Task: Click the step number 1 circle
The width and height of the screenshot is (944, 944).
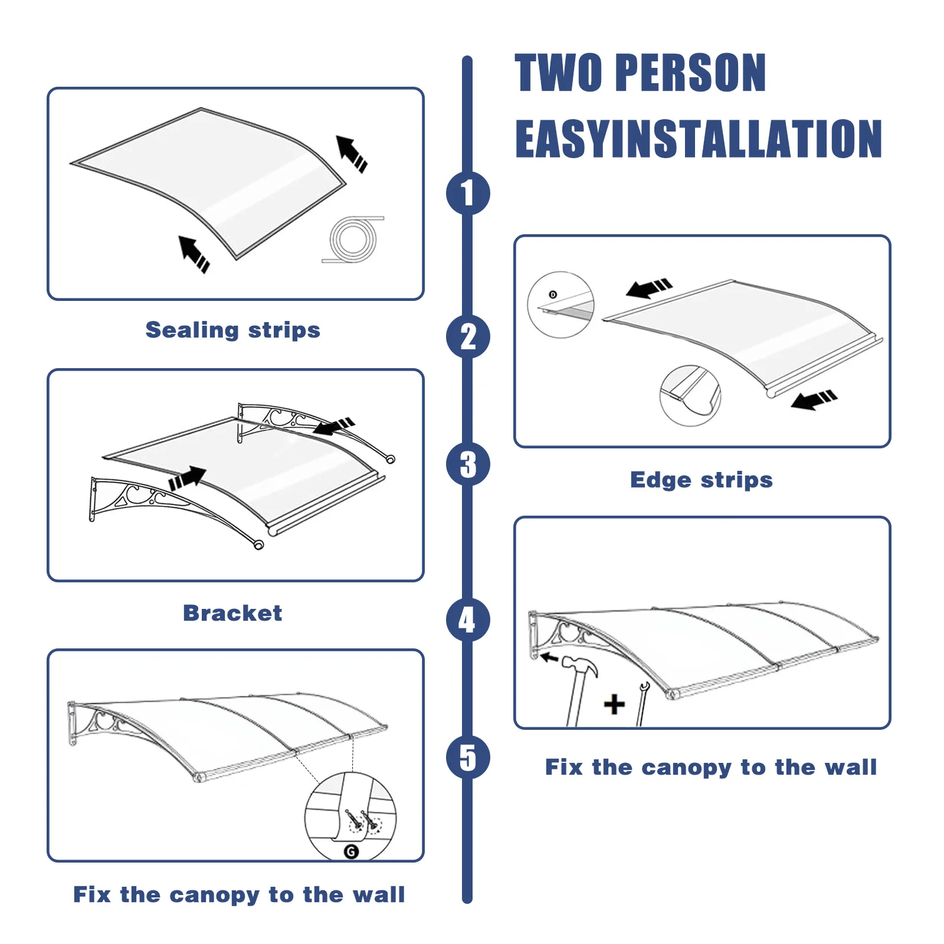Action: (468, 193)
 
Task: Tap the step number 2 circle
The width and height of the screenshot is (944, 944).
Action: (468, 337)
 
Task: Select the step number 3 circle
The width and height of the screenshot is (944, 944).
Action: (468, 464)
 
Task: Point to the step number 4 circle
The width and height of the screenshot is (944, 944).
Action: (468, 619)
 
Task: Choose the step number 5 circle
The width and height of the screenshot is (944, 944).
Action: (468, 758)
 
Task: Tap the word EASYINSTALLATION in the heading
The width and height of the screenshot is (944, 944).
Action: (699, 139)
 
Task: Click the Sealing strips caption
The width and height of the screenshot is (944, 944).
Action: (233, 330)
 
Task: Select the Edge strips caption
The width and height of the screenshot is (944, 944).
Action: (702, 480)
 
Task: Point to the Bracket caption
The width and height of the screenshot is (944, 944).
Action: (232, 613)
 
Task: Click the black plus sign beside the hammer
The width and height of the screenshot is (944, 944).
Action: (614, 704)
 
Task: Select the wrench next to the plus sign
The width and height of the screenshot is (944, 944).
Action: (642, 703)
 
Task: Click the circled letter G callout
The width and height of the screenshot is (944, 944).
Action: (351, 851)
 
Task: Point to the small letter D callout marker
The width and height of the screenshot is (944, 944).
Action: (553, 294)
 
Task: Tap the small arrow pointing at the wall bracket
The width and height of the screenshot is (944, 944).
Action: (549, 657)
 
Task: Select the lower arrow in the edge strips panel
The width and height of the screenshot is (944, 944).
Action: (814, 400)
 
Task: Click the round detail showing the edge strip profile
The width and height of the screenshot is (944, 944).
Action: (690, 396)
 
